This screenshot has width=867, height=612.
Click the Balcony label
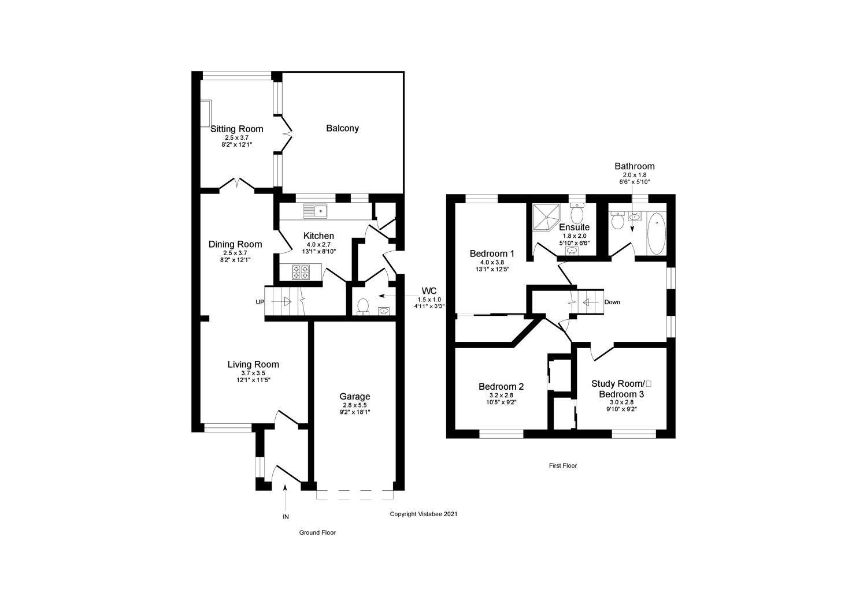[x=342, y=128]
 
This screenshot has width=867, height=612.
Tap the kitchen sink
[x=316, y=211]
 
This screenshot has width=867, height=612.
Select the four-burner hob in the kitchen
[x=300, y=271]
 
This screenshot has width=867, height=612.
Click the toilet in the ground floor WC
[x=363, y=306]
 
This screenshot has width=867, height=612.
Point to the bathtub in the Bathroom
[x=655, y=234]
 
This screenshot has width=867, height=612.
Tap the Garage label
[x=354, y=396]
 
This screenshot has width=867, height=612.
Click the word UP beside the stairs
[x=260, y=302]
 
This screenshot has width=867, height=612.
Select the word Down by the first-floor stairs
[x=612, y=302]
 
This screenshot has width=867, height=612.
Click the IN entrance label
[x=286, y=517]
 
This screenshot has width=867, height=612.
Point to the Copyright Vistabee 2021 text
[x=424, y=514]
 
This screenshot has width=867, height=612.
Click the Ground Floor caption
[x=317, y=533]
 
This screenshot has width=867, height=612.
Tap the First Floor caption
[x=563, y=465]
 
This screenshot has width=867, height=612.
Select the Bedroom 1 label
[x=492, y=253]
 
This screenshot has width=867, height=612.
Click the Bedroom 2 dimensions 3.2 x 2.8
[x=501, y=395]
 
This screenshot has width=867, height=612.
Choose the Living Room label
[x=253, y=364]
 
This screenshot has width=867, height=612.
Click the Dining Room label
[x=235, y=244]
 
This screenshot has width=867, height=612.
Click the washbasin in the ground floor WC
[x=383, y=312]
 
